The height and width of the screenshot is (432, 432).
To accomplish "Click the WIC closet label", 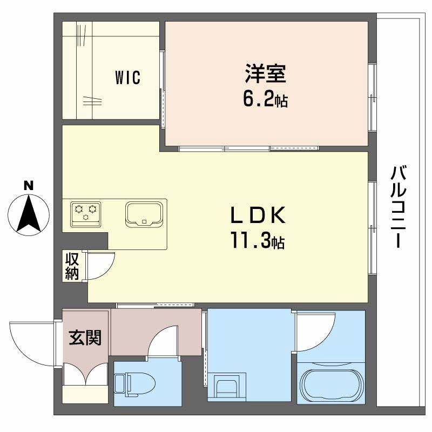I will click(x=127, y=78).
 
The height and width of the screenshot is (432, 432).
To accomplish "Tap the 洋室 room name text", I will click(x=265, y=74).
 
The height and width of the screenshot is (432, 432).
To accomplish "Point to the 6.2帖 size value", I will click(x=265, y=100).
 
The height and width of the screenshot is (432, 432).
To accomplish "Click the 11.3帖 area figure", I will click(x=258, y=241).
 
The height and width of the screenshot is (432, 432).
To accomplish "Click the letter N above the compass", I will click(x=29, y=185).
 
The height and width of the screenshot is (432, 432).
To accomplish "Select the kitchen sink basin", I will click(x=144, y=214).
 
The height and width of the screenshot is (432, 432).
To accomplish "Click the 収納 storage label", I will click(x=72, y=266).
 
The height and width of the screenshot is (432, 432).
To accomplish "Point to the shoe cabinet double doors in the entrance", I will click(x=86, y=375).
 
